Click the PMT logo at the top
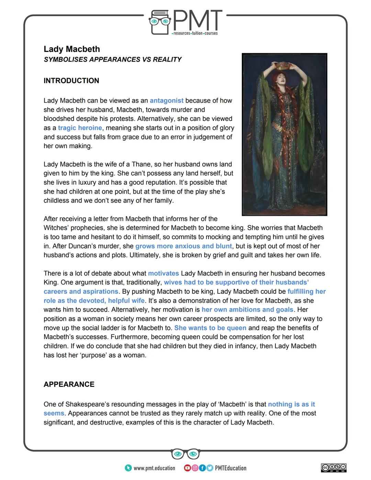click(185, 22)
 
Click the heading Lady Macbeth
click(72, 49)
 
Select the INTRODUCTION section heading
click(71, 81)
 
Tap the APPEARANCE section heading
click(69, 384)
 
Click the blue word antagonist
click(167, 101)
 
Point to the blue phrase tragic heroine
click(80, 128)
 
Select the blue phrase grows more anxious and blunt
click(183, 246)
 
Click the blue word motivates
click(163, 274)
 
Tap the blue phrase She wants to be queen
click(210, 328)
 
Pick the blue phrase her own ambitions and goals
click(247, 310)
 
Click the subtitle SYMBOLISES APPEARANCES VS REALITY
click(113, 60)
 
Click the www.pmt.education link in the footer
click(154, 468)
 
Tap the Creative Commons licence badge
click(334, 468)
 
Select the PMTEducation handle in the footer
click(231, 468)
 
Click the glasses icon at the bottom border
click(185, 454)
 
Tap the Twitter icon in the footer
click(210, 468)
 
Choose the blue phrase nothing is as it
click(291, 404)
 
